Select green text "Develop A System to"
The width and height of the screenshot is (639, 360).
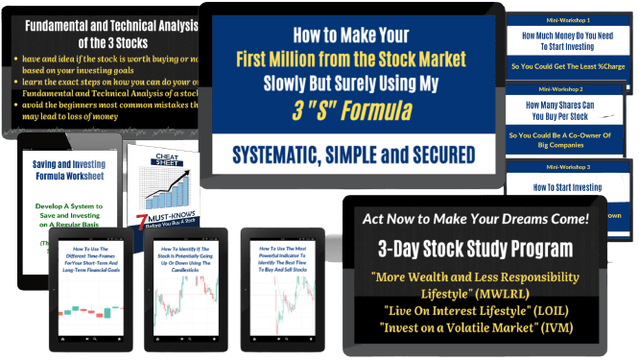(x=69, y=207)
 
